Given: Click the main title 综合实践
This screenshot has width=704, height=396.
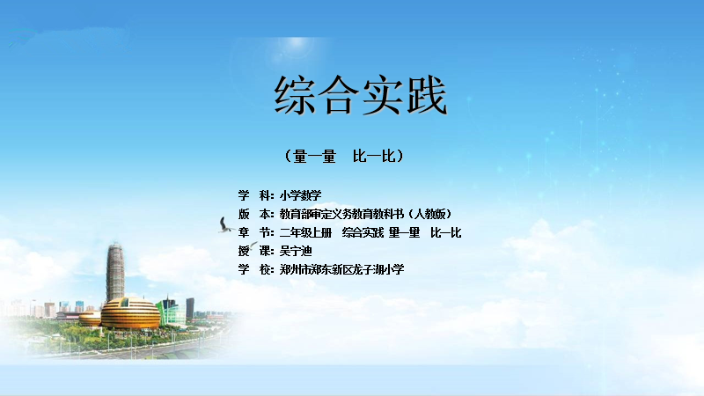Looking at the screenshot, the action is coord(361,95).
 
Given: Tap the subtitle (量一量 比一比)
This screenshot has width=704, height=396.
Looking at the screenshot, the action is coord(344,157).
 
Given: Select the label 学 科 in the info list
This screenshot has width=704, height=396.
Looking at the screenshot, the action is coord(255,195).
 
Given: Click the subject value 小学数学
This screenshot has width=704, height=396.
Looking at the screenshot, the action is coord(300,195).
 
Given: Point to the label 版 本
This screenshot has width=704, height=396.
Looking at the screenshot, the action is coord(255,214).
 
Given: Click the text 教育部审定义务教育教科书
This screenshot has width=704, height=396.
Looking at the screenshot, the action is coord(341,214).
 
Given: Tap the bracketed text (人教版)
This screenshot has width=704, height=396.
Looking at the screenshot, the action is coord(429,214).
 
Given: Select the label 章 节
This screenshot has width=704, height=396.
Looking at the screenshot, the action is coord(255,232).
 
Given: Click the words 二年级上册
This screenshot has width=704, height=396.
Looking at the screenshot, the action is coord(305,232).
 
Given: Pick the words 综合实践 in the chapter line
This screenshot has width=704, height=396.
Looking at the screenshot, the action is coord(363,232).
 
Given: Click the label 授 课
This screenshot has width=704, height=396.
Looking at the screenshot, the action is coord(255,251).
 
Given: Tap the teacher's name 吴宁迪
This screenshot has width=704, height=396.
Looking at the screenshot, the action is coord(296,251).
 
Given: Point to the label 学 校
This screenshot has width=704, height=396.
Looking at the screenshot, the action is coord(255,269).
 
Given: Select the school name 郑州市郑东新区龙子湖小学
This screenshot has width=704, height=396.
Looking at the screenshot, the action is coord(341,269).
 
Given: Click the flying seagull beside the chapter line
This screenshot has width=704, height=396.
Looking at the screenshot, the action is coord(226,225).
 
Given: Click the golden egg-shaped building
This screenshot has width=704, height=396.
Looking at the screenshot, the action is coord(130,313).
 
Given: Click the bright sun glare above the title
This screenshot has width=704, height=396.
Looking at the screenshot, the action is coord(297,43).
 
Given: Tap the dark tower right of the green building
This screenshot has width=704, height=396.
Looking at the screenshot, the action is coord(190,309).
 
